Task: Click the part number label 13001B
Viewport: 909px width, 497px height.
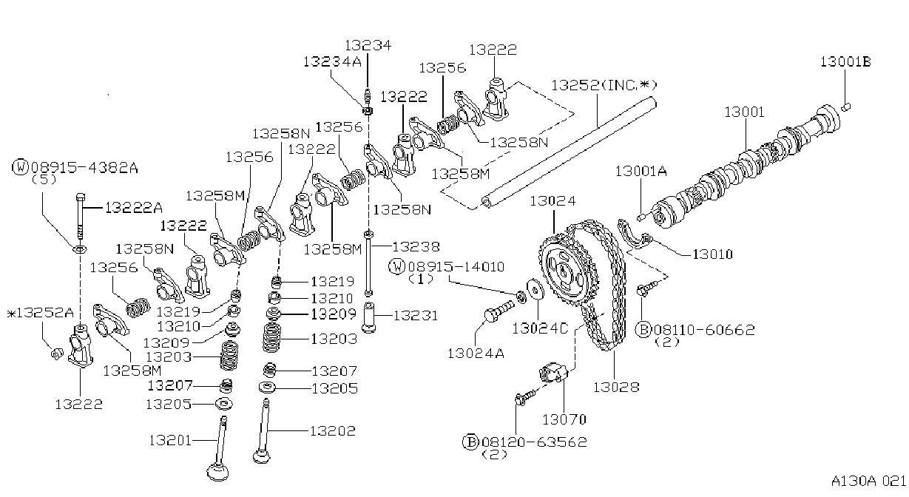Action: tap(845, 61)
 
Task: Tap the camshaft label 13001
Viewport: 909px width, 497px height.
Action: tap(744, 112)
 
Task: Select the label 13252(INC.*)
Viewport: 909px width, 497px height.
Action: tap(604, 85)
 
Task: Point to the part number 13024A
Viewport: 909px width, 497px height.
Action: tap(476, 354)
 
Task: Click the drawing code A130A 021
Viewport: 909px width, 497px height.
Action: tap(868, 481)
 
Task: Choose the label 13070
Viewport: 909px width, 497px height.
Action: tap(564, 419)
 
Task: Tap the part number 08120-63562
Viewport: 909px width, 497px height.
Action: tap(534, 442)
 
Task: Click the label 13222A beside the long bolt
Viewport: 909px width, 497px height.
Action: tap(134, 208)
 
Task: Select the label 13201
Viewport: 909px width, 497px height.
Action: tap(170, 440)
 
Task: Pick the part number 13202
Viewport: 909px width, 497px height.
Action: tap(333, 431)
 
